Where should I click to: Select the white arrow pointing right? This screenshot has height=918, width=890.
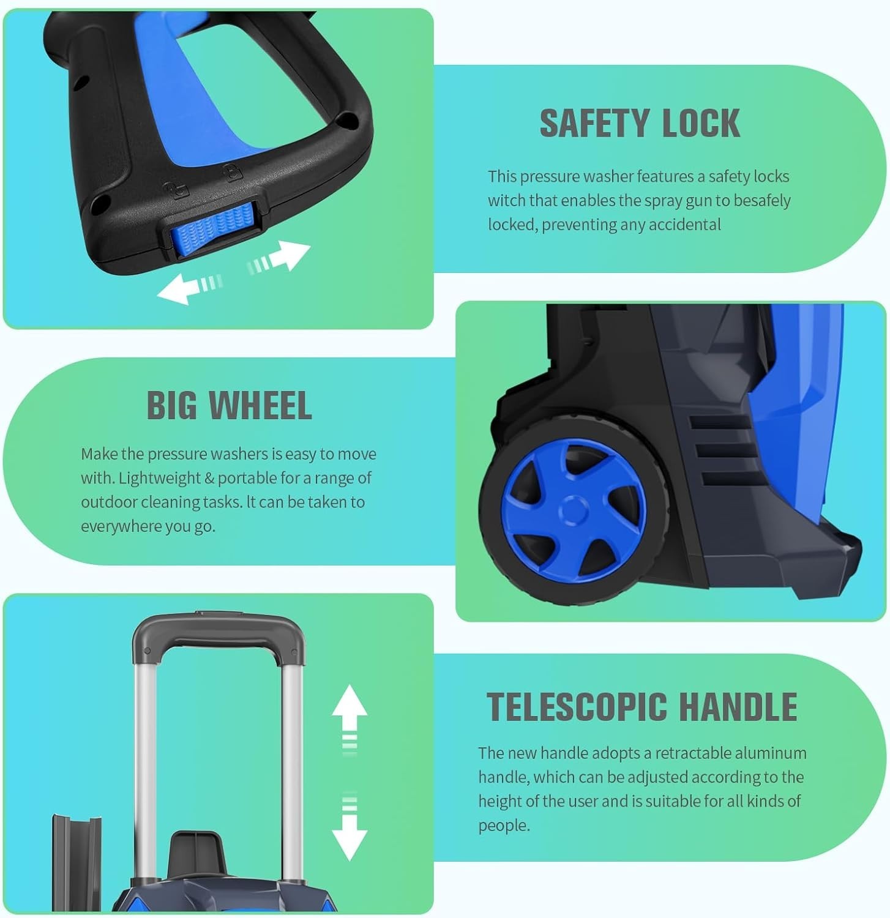click(279, 256)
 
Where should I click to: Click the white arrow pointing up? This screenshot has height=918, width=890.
click(350, 720)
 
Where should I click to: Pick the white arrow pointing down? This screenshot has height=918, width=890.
click(350, 826)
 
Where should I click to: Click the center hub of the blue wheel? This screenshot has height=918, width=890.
click(574, 510)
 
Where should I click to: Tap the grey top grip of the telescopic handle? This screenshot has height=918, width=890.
click(219, 636)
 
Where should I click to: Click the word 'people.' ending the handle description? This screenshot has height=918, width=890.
click(504, 826)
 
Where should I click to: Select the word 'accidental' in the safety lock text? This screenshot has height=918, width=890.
click(684, 225)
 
